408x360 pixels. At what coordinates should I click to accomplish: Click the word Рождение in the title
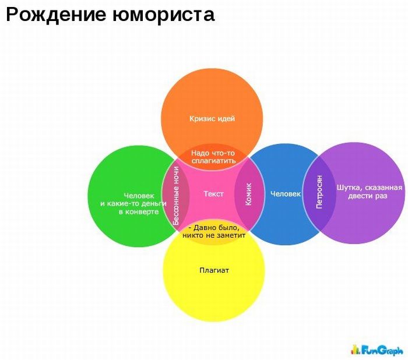[56, 15]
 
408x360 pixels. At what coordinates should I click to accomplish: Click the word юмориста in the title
[164, 15]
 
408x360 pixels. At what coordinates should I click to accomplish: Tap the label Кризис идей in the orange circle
[212, 119]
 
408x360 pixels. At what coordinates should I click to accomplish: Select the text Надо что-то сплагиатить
[213, 157]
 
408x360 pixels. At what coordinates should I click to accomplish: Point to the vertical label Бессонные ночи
[176, 196]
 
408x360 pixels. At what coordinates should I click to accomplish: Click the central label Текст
[213, 194]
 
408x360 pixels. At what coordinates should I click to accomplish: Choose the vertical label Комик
[248, 194]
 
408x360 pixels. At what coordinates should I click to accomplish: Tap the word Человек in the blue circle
[286, 194]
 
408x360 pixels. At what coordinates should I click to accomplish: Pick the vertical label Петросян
[319, 192]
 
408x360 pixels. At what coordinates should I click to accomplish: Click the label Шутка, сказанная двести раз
[370, 192]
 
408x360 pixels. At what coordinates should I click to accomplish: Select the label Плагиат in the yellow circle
[214, 270]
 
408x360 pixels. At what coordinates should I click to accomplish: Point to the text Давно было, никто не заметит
[214, 231]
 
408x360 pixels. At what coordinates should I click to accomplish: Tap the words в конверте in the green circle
[139, 211]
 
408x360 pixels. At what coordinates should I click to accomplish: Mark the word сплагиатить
[213, 161]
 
